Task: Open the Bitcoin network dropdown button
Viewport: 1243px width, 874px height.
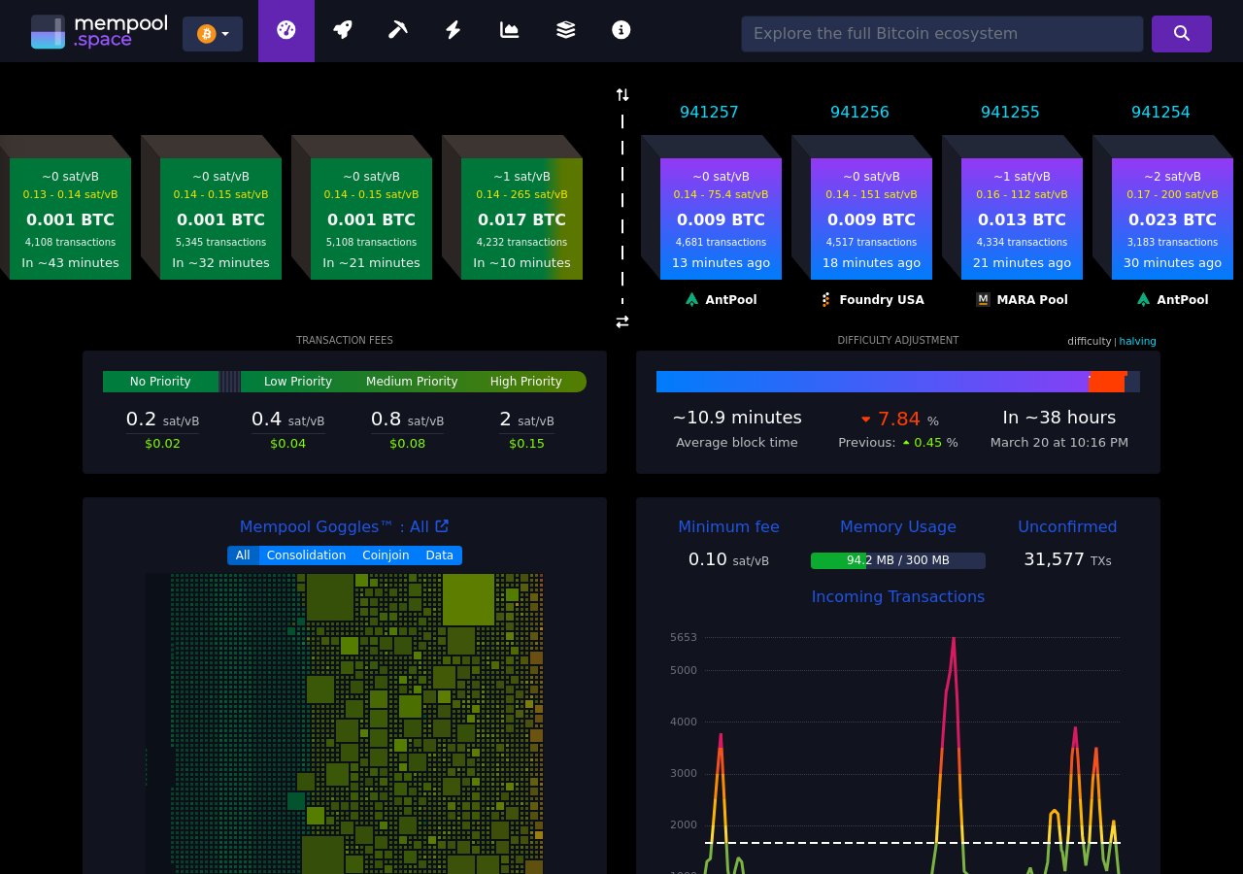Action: coord(213,34)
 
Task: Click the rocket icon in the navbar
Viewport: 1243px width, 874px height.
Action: coord(342,30)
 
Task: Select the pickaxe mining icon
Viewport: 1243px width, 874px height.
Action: coord(397,30)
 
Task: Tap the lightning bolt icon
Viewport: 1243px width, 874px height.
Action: coord(453,30)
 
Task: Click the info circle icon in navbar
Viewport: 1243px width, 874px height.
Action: coord(621,30)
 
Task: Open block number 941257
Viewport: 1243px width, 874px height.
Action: coord(709,112)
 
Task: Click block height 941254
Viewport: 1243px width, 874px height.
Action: coord(1160,112)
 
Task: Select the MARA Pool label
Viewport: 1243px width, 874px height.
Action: coord(1031,299)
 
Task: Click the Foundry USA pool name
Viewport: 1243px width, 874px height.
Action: coord(881,299)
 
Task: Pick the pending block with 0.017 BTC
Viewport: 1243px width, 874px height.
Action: coord(521,219)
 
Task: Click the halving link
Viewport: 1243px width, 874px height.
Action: coord(1137,341)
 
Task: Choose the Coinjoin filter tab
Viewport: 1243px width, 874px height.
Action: coord(386,555)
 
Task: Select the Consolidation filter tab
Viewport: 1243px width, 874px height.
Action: coord(306,555)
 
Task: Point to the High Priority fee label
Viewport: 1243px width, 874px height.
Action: coord(525,382)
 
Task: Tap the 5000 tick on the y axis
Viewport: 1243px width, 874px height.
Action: coord(684,670)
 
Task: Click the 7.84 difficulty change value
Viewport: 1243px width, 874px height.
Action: coord(898,419)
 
